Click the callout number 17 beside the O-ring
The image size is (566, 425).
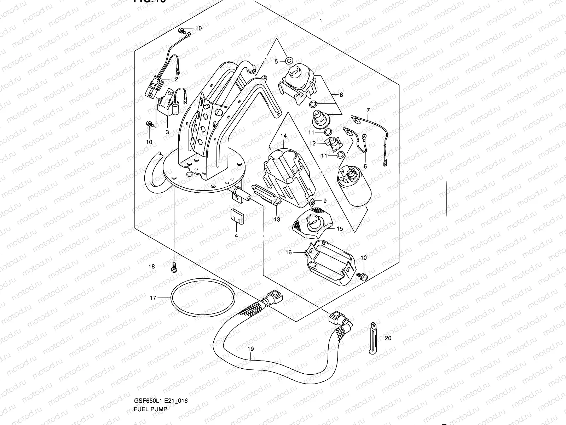point(153,298)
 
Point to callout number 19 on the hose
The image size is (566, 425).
point(250,349)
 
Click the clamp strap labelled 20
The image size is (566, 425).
point(372,338)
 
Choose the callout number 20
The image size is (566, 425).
point(388,338)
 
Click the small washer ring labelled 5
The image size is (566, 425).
point(288,59)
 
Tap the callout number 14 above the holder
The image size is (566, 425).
point(284,136)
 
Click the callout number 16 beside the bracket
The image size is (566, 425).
point(289,252)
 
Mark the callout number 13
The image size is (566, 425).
point(277,220)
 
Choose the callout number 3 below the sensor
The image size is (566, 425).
point(167,132)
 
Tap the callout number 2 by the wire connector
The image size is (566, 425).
point(176,79)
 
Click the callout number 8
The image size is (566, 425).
point(341,95)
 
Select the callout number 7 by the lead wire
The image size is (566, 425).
point(368,110)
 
